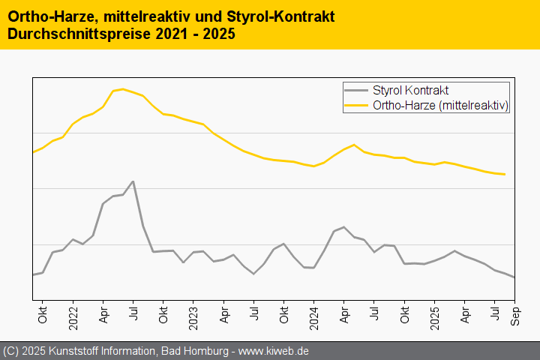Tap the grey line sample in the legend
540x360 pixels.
[356, 91]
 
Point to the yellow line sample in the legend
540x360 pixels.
[356, 106]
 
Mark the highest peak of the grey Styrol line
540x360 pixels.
[133, 181]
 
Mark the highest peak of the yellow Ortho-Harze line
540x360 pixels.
[123, 89]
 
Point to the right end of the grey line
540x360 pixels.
[514, 277]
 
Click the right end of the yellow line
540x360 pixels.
[505, 174]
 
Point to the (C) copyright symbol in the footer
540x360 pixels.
[11, 351]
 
